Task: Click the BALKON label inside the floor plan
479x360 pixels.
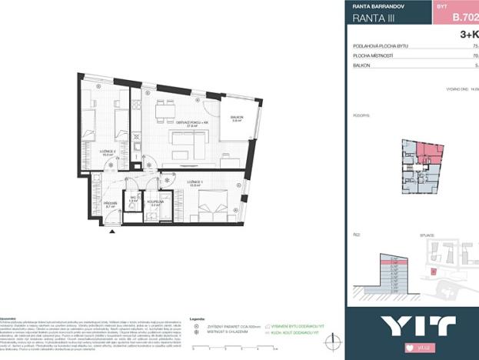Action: point(236,117)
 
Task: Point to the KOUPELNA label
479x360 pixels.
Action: point(156,202)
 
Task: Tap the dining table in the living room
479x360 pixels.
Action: point(165,112)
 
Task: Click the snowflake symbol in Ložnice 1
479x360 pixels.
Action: point(168,181)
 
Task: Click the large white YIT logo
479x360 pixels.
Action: point(407,325)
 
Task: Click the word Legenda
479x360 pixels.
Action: point(198,317)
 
